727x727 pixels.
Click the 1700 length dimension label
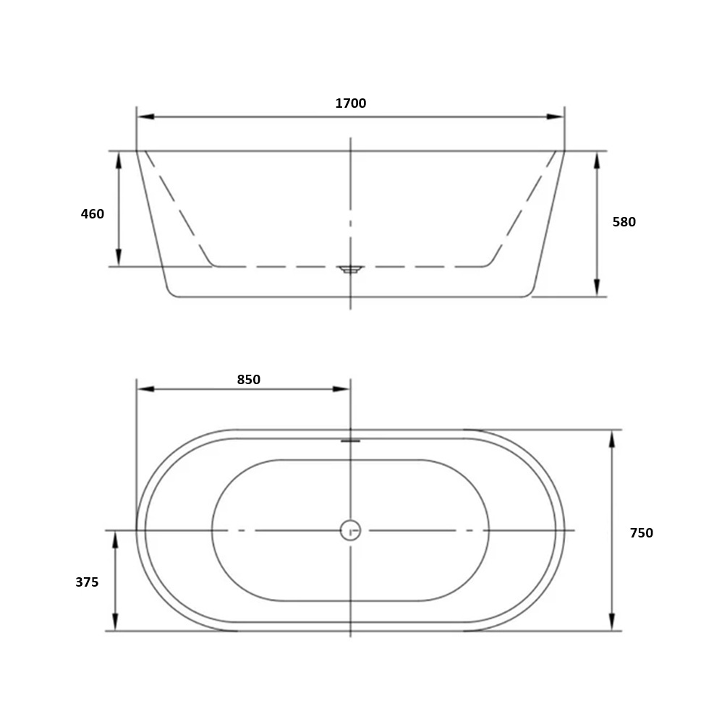[351, 103]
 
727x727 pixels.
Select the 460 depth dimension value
[93, 213]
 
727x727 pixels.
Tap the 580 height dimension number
[624, 221]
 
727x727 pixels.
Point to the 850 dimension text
[249, 379]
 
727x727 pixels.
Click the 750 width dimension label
[641, 532]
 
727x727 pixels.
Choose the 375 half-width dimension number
[87, 582]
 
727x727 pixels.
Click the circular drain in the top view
[351, 530]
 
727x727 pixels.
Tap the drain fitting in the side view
[351, 269]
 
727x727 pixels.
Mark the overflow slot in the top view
[351, 441]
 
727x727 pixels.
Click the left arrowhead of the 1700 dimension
[145, 116]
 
